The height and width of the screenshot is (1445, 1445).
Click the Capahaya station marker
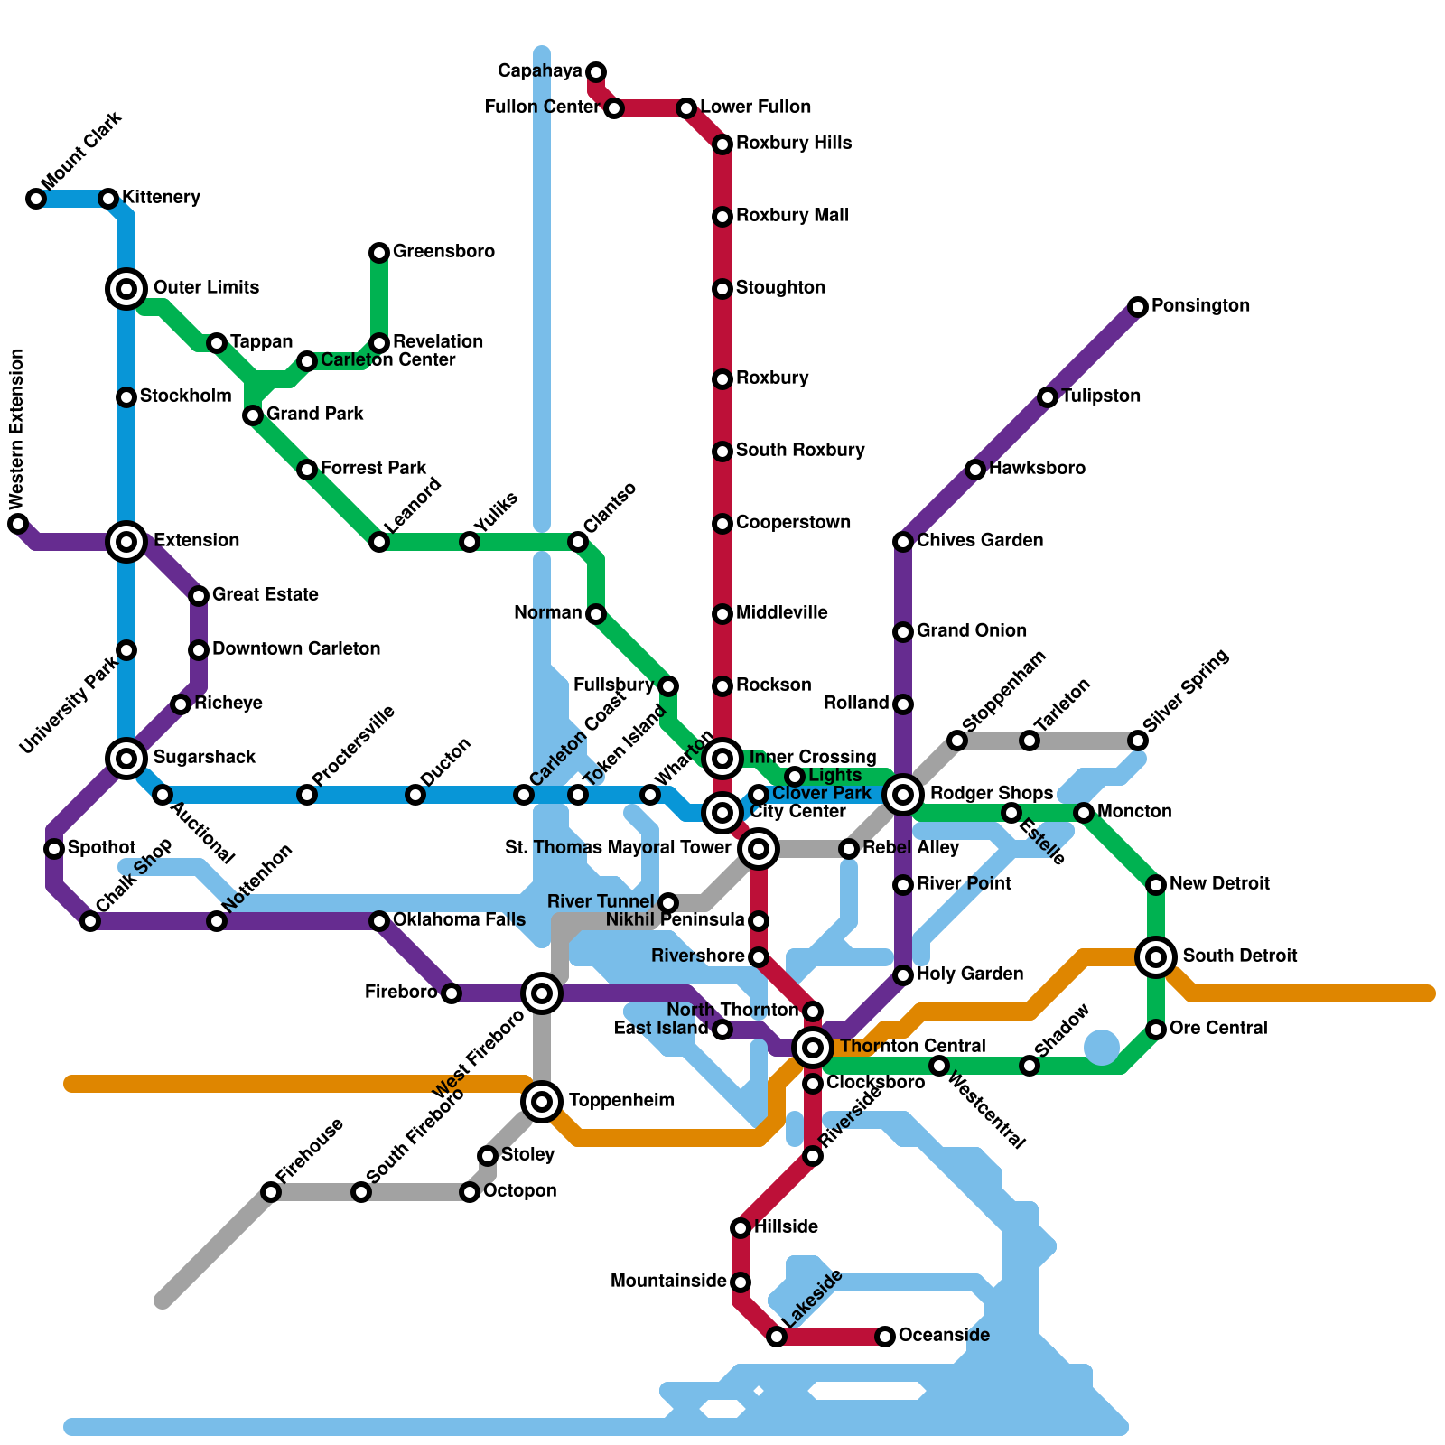coord(596,72)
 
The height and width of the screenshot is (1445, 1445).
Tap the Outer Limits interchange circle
coord(126,289)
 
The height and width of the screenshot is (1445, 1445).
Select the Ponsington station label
coord(1200,306)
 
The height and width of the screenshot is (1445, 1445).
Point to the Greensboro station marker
coord(379,253)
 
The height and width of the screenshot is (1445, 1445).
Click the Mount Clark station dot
coord(36,199)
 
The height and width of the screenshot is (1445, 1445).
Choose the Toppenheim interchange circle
coord(542,1102)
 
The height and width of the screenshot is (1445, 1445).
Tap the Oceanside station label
coord(944,1336)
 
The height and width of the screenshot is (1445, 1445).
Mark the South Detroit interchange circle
coord(1156,957)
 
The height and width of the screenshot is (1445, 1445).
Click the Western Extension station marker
coord(18,524)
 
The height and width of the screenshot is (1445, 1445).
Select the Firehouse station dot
coord(271,1192)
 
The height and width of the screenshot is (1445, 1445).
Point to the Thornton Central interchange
coord(813,1048)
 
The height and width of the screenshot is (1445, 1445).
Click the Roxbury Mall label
coord(792,216)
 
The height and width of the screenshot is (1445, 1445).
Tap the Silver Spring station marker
coord(1138,741)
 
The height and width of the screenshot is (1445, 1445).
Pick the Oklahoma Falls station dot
coord(379,921)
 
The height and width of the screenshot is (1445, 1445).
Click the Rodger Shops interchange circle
coord(903,795)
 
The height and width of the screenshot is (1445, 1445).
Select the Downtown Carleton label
coord(296,649)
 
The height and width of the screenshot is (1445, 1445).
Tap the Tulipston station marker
coord(1048,397)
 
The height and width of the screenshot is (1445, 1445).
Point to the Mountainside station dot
coord(741,1282)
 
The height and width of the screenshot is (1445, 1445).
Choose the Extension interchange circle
coord(126,542)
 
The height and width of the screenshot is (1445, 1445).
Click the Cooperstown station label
coord(793,523)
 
